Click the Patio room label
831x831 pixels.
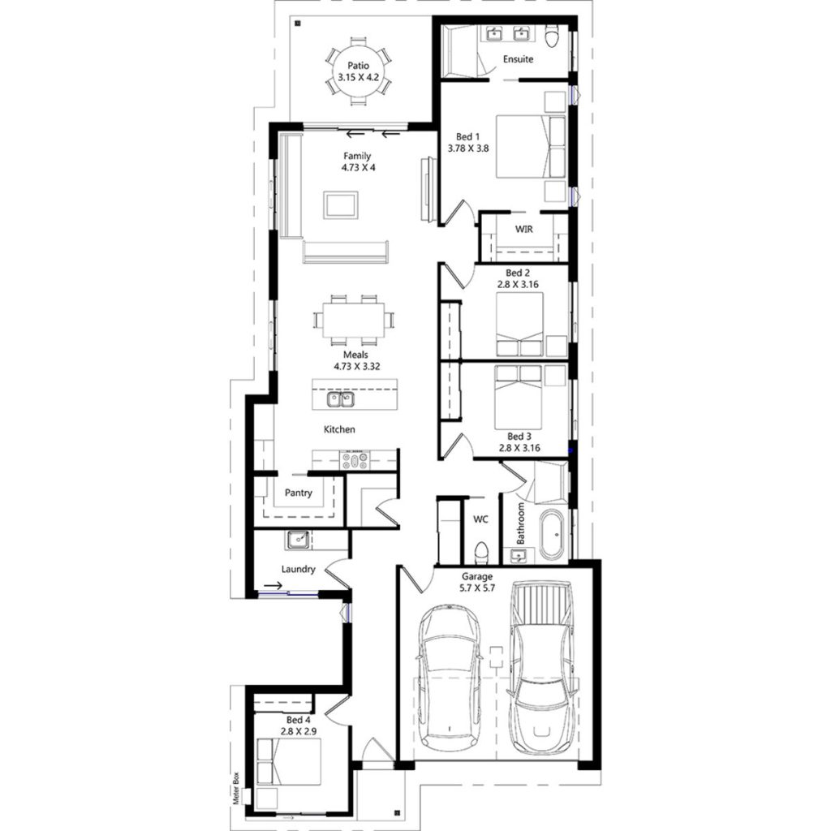point(357,65)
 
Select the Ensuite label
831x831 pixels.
point(518,59)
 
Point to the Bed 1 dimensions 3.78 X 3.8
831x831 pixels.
point(468,149)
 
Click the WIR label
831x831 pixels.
point(523,229)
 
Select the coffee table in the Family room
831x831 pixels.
point(341,204)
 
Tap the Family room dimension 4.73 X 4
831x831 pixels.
point(357,167)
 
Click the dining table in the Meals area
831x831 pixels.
point(354,319)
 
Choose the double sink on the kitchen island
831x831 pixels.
point(341,399)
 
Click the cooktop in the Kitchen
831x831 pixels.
point(355,461)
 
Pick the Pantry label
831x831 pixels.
point(299,493)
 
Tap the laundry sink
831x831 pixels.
point(296,538)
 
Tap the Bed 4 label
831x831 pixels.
point(298,720)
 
